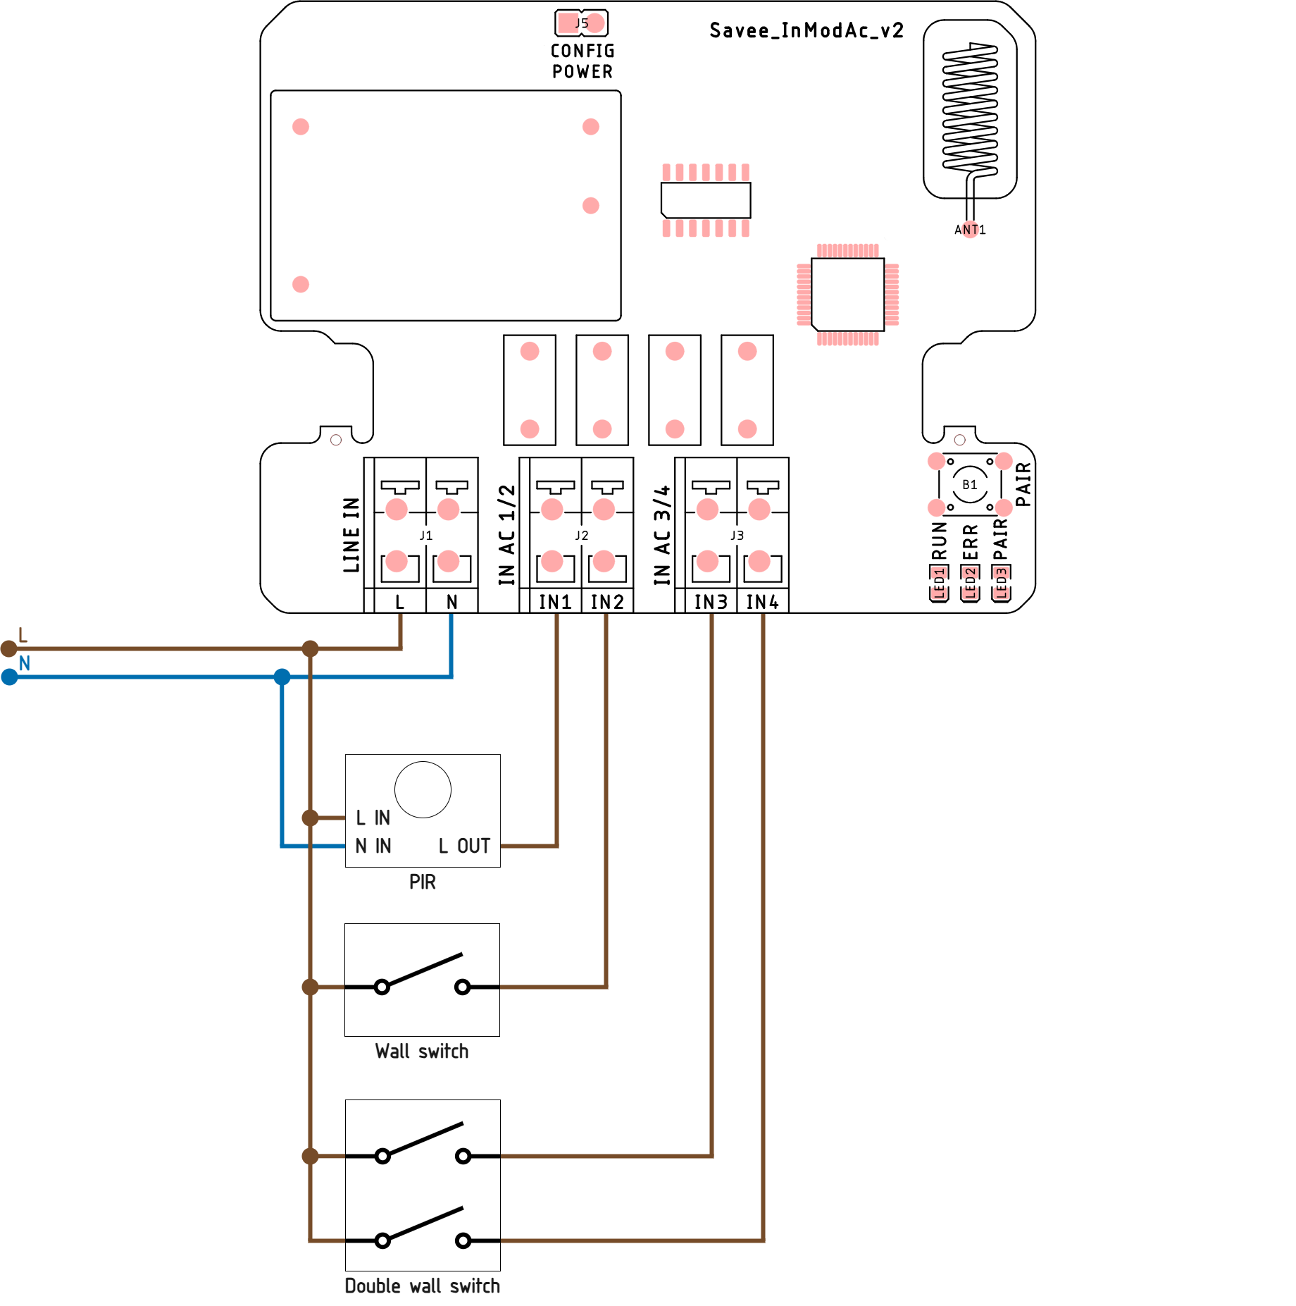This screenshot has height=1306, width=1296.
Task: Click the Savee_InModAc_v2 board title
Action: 806,30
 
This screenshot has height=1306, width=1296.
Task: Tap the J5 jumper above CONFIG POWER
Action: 581,23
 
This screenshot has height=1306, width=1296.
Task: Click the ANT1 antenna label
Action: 970,230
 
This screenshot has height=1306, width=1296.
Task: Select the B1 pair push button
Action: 970,485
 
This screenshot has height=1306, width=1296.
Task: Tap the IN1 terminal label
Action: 555,602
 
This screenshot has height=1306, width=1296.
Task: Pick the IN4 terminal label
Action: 763,602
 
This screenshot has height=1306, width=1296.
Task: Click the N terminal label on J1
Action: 452,602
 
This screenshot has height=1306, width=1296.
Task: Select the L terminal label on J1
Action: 400,602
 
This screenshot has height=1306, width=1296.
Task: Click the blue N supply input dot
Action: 9,677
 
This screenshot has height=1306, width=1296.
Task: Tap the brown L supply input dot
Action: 9,648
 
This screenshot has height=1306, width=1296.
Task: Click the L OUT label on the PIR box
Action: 464,846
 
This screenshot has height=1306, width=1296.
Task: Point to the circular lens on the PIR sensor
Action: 423,789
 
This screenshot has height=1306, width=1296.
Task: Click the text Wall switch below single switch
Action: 422,1052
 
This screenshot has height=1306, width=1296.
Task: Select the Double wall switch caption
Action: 423,1286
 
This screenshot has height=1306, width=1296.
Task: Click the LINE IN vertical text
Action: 351,535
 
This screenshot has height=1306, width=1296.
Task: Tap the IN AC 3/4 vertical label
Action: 662,535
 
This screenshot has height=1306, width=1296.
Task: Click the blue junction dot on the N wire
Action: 282,677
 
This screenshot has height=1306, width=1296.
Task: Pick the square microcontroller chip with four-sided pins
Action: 847,294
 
